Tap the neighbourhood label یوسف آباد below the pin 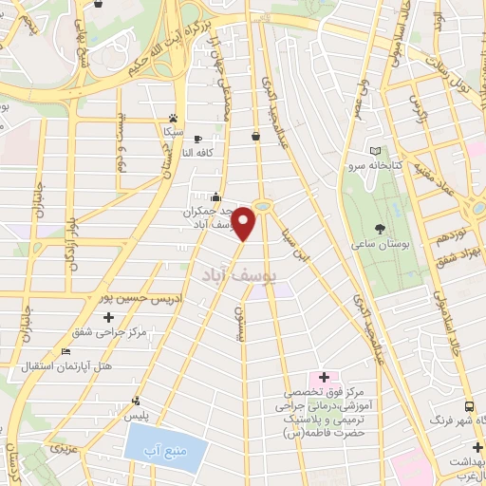click(x=237, y=273)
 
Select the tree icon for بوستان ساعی click(x=381, y=229)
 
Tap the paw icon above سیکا click(x=172, y=107)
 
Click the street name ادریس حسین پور click(x=140, y=297)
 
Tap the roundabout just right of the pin click(x=263, y=206)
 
